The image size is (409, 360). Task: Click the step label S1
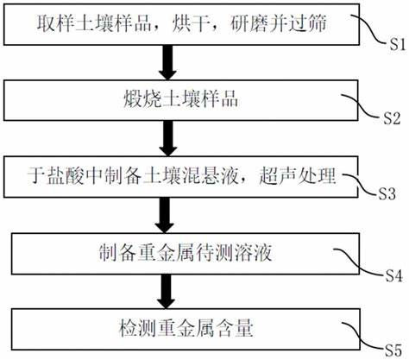397,45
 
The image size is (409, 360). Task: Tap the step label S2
393,118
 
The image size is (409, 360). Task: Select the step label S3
387,193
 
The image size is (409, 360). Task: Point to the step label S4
393,275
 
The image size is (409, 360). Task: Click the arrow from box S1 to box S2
167,62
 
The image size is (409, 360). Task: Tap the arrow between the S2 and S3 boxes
168,138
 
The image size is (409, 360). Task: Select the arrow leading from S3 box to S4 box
165,215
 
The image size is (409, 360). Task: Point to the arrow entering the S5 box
167,291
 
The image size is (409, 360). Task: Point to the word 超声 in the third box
278,175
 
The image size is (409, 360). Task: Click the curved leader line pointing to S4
359,262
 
